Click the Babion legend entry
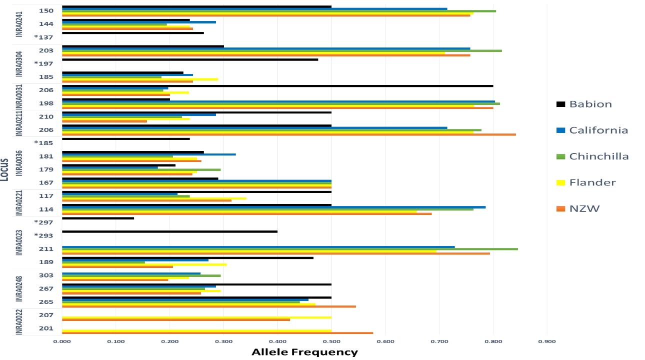[590, 104]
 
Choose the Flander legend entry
[592, 182]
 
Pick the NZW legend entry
[584, 208]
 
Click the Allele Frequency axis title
[304, 352]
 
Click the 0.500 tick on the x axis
[331, 341]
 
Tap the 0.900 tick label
[547, 341]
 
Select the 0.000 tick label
[62, 341]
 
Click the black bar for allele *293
[169, 231]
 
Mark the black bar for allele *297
[98, 218]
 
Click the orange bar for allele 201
[217, 333]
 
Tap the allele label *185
[43, 143]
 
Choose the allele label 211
[46, 248]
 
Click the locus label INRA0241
[19, 24]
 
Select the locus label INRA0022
[19, 322]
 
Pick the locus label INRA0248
[19, 288]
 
